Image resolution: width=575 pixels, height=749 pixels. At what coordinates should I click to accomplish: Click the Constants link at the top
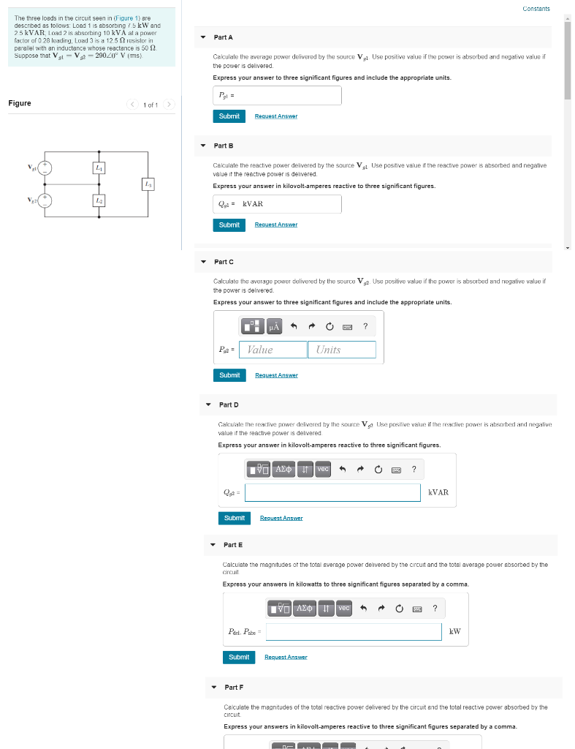(x=536, y=9)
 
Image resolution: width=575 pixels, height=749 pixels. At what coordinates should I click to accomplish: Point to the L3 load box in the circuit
(x=148, y=184)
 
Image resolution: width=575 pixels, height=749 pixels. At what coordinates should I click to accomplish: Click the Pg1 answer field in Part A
(x=277, y=95)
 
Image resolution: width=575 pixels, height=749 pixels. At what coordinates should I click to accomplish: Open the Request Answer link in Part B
(x=275, y=225)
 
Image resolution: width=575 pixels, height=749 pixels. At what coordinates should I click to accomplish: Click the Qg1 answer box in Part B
(x=277, y=204)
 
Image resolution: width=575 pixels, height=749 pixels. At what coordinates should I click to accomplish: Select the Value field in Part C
(x=273, y=350)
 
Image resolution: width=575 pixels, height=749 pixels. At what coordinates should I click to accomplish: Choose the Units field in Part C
(x=341, y=350)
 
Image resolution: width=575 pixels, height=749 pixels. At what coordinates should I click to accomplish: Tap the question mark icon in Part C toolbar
(x=365, y=326)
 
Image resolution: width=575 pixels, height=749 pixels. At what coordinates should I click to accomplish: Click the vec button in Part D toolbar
(x=323, y=469)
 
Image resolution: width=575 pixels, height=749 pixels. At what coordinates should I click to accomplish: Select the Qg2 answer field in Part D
(x=332, y=492)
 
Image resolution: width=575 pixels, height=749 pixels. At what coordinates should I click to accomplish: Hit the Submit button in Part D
(x=234, y=518)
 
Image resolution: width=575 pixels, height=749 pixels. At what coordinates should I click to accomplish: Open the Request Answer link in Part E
(x=286, y=657)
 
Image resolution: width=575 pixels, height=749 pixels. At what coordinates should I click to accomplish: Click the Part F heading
(x=234, y=688)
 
